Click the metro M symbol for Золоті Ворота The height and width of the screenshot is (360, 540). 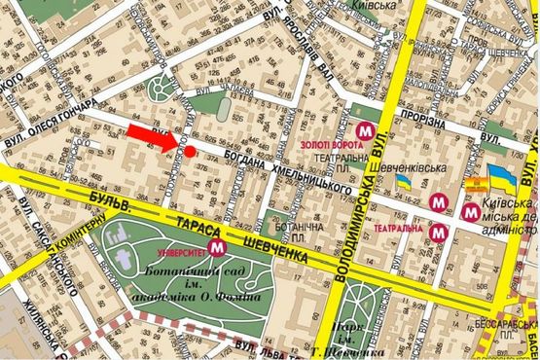[366, 129]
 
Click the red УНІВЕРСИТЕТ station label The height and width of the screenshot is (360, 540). [187, 249]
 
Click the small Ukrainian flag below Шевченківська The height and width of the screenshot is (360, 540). [416, 182]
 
